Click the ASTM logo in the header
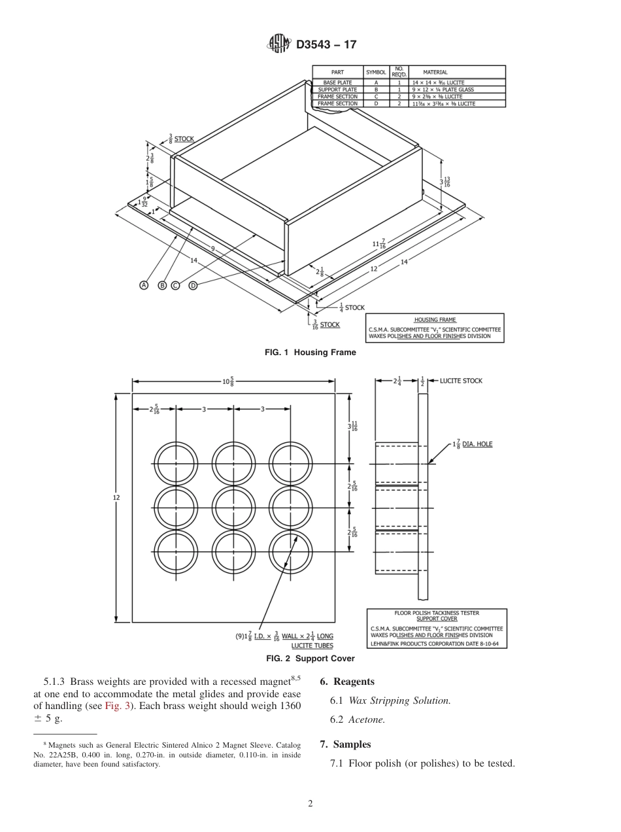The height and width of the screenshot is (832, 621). coord(279,44)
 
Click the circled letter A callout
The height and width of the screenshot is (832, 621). coord(143,285)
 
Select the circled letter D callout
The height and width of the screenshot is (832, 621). coord(193,285)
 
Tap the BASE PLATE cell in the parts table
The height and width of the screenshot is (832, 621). coord(337,83)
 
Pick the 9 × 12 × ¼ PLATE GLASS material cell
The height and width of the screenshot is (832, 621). coord(443,90)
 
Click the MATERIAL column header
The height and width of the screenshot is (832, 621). coord(435,72)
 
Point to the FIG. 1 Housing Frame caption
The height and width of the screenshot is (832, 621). coord(310,353)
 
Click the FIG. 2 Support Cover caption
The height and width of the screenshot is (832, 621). coord(310,659)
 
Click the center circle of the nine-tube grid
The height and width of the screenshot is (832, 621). coord(233,508)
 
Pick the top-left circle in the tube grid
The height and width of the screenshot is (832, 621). coord(175,464)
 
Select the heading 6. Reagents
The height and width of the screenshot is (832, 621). coord(346,682)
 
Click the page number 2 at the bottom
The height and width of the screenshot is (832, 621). coord(310,804)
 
